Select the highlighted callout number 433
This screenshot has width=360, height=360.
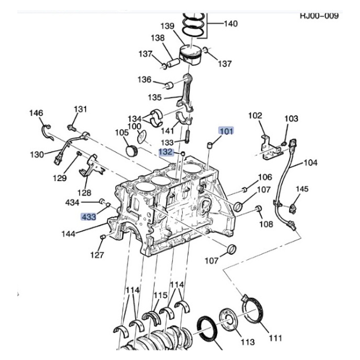click(x=89, y=216)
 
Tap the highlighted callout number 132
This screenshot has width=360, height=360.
click(x=165, y=152)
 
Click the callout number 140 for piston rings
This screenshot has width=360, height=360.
click(x=230, y=24)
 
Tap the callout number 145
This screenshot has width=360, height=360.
click(x=302, y=189)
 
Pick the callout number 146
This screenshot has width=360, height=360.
click(x=36, y=114)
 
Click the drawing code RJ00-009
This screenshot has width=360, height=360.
click(x=319, y=16)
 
